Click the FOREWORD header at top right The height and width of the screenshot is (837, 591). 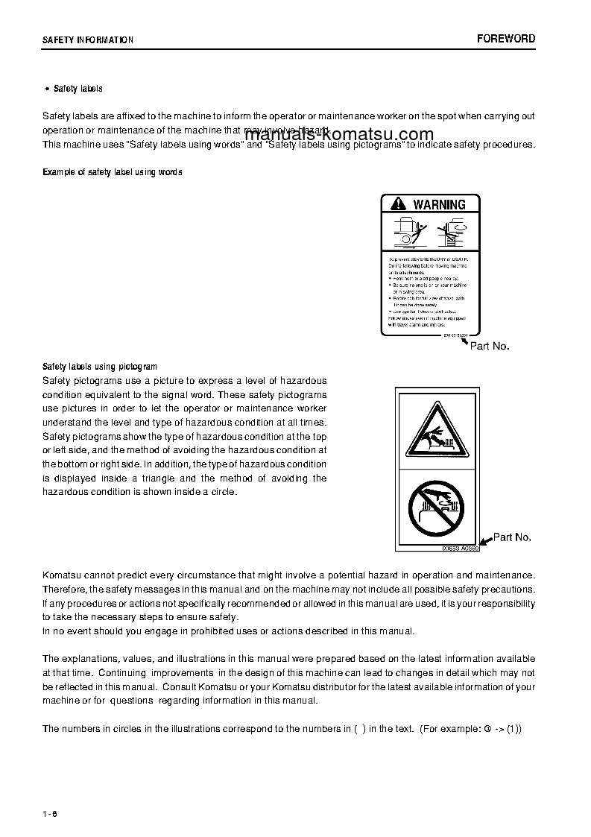pos(506,39)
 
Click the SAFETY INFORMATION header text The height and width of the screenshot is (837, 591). pos(88,40)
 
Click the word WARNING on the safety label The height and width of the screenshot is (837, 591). pos(439,204)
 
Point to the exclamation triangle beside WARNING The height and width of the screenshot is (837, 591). pos(399,204)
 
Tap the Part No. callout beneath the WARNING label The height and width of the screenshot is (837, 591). pos(490,347)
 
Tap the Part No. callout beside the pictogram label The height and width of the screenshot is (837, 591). pos(512,537)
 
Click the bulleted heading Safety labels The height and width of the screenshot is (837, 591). pos(78,89)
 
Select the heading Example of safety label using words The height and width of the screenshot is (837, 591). pos(113,172)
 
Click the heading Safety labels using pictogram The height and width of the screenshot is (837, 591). pos(100,367)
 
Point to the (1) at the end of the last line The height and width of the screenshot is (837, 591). pos(514,728)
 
